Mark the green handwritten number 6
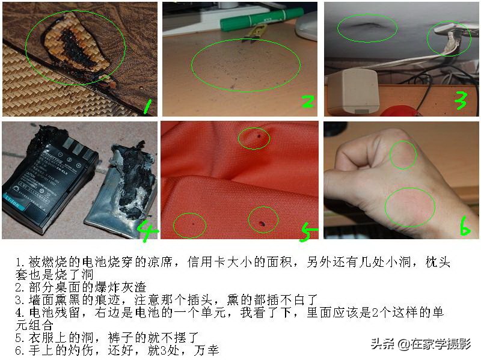(464, 227)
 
